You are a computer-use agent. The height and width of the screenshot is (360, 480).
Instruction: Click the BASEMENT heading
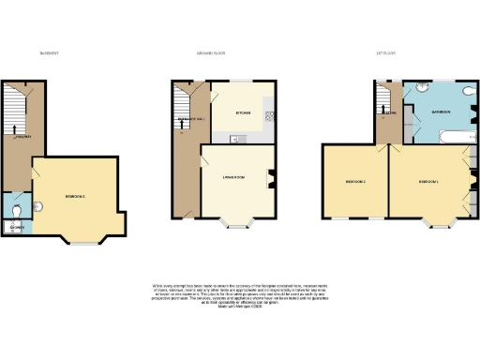click(49, 53)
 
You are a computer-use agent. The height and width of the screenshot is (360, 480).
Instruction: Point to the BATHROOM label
click(441, 112)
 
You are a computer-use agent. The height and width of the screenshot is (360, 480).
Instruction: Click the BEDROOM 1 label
click(429, 180)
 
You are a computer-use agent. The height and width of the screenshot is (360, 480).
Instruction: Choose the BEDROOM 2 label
click(354, 180)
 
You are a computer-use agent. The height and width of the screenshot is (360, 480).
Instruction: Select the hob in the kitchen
click(270, 117)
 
